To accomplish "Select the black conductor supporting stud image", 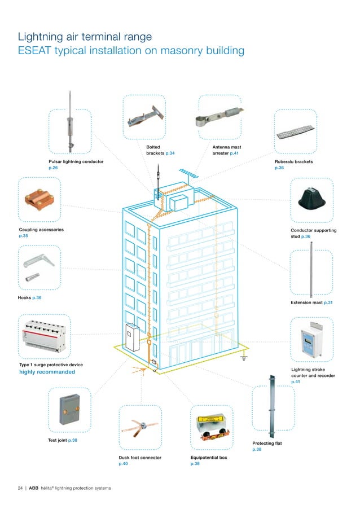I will pyautogui.click(x=311, y=200).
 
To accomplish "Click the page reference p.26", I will pyautogui.click(x=53, y=168).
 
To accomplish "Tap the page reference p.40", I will pyautogui.click(x=123, y=464).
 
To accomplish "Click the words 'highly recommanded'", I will pyautogui.click(x=47, y=372).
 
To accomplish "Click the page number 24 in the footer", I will pyautogui.click(x=20, y=488).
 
